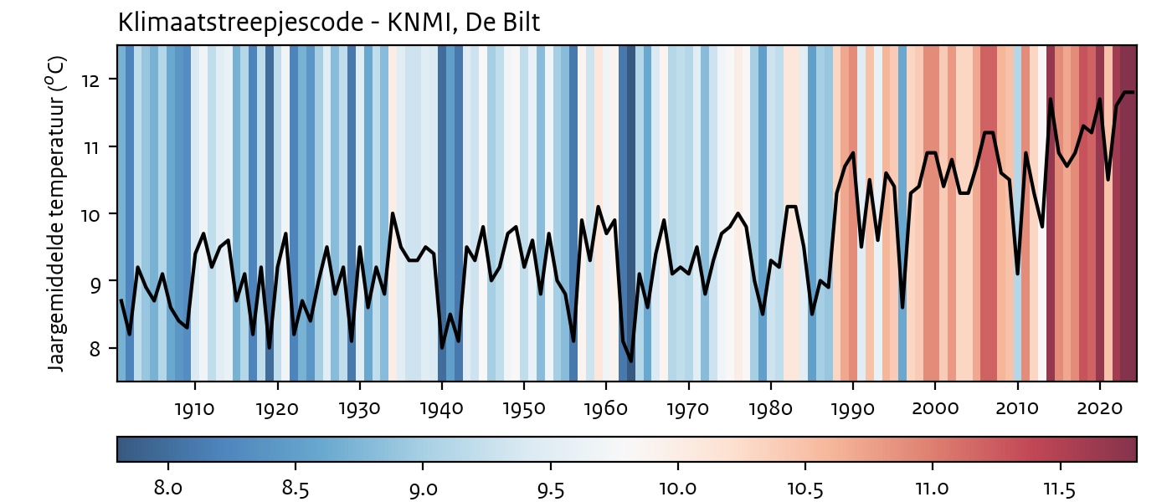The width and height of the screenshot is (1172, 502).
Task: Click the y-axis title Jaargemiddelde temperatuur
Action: [x=56, y=213]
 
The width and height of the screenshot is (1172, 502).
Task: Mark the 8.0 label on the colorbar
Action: [x=168, y=487]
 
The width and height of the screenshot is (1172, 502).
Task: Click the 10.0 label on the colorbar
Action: [x=677, y=487]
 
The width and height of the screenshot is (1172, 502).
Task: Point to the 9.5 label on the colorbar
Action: [x=550, y=487]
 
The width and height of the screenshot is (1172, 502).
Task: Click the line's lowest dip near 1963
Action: [x=631, y=361]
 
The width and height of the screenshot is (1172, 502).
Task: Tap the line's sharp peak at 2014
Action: [x=1050, y=100]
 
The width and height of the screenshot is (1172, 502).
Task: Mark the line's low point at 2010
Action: [x=1017, y=274]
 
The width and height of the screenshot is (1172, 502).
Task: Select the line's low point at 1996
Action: [x=902, y=307]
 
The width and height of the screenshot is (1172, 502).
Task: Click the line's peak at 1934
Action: [x=393, y=213]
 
